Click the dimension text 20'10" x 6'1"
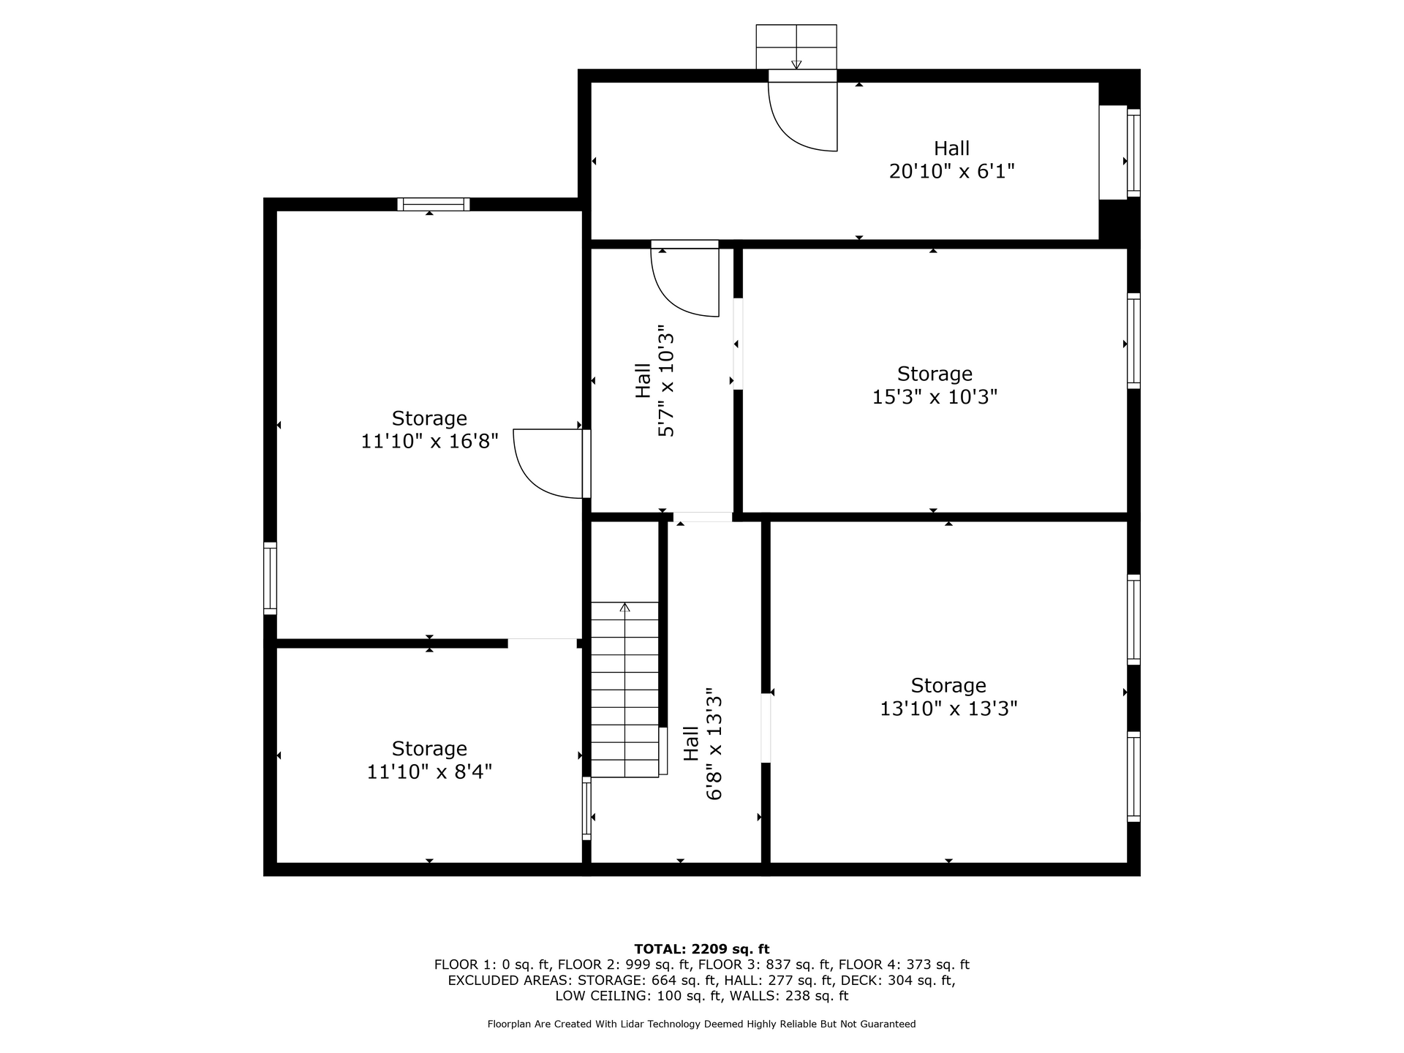click(951, 171)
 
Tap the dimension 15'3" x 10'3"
click(935, 397)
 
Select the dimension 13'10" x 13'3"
click(948, 709)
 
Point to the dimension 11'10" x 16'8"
click(429, 441)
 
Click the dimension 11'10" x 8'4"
click(429, 771)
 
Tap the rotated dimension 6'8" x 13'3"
click(714, 744)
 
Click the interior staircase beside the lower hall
click(624, 690)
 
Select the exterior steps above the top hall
click(796, 47)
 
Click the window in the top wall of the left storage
click(434, 204)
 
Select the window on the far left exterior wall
click(270, 578)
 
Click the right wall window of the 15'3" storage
click(1133, 341)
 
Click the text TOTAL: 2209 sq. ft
click(702, 949)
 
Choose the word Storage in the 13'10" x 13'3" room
click(948, 686)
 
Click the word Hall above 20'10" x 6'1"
click(951, 148)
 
